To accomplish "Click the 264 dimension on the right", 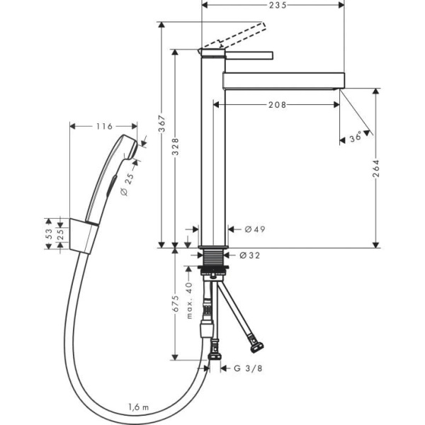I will point(378,168).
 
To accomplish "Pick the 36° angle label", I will point(356,138).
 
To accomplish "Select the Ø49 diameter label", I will point(254,229).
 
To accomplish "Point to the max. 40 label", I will point(189,301).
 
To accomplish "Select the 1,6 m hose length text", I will point(140,407).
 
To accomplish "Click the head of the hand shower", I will point(127,145).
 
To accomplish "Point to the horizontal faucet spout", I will point(283,79).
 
